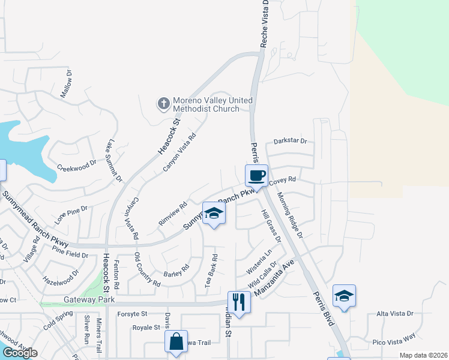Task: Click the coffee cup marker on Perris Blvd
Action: tap(256, 175)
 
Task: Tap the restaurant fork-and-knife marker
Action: tap(239, 301)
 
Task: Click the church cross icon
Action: tap(163, 104)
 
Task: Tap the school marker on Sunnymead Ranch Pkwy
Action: tap(213, 214)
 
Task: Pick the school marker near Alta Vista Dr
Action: tap(344, 296)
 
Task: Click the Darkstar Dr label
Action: tap(290, 142)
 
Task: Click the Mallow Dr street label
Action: tap(66, 85)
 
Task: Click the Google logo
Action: tap(20, 353)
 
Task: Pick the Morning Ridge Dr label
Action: tap(289, 213)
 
